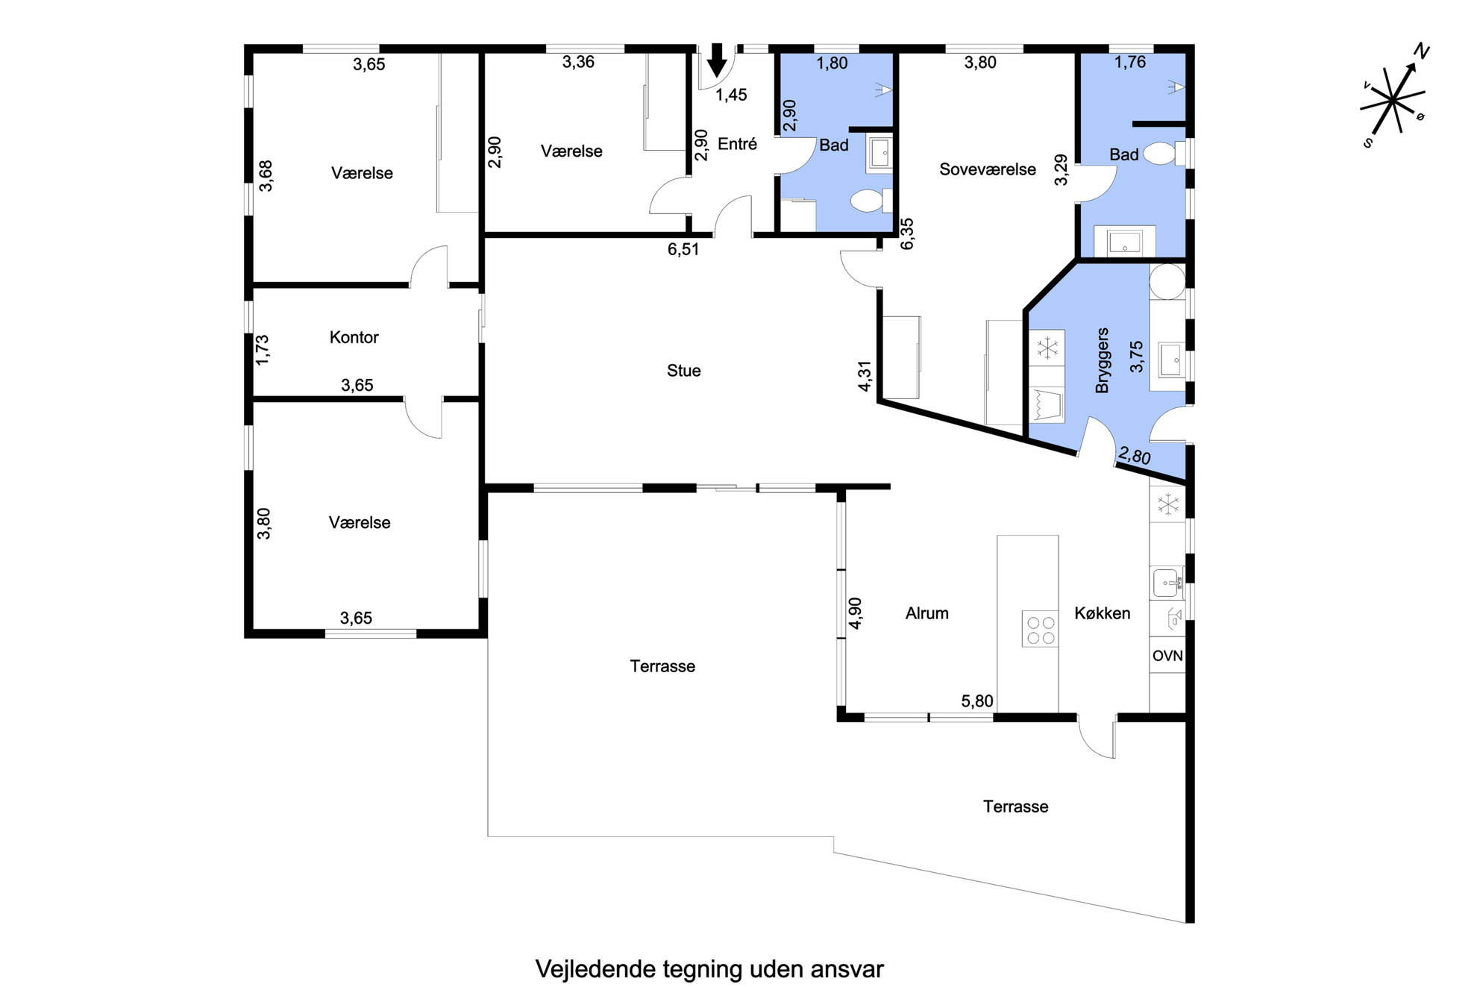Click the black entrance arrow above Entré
coord(717,60)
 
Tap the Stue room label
coord(683,371)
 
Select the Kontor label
coord(354,337)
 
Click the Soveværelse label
coord(987,169)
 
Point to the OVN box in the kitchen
coord(1167,656)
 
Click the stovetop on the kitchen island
coord(1040,628)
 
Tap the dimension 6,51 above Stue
coord(683,249)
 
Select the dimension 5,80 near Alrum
coord(976,701)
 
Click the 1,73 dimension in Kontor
coord(262,349)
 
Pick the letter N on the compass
coord(1422,51)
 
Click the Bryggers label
coord(1103,360)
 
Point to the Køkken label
coord(1102,613)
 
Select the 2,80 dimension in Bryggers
coord(1134,455)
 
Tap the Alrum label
coord(926,613)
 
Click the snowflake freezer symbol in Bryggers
coord(1047,348)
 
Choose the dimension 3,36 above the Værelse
coord(578,62)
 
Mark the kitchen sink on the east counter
coord(1167,582)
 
